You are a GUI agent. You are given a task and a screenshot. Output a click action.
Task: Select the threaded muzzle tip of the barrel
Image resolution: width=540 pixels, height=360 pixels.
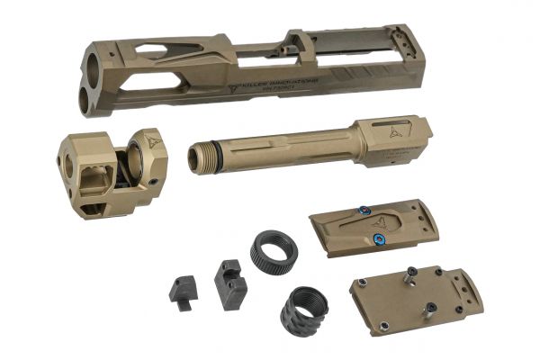pyautogui.click(x=197, y=157)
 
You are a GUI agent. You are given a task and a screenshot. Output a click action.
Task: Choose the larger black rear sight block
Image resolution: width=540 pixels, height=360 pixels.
pyautogui.click(x=229, y=283)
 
